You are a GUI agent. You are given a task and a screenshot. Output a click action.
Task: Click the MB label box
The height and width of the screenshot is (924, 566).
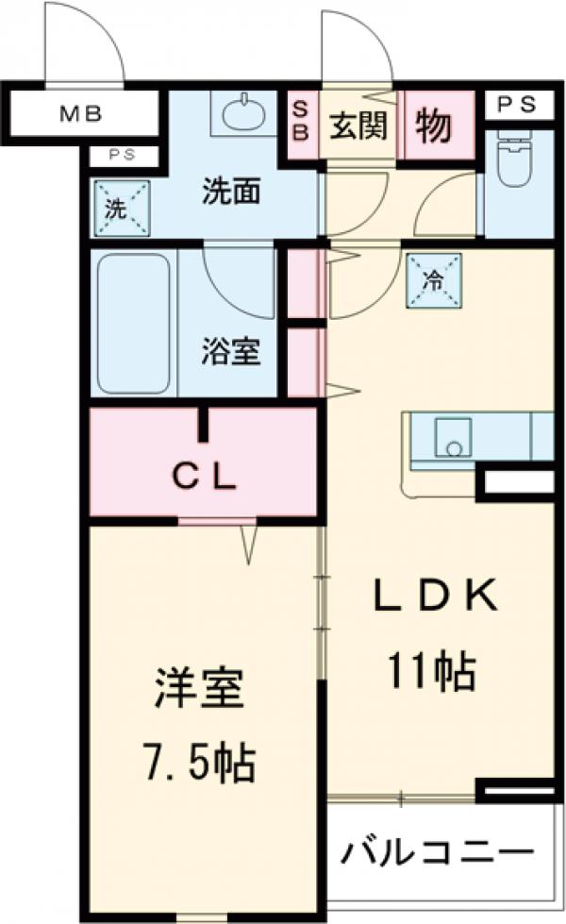[82, 116]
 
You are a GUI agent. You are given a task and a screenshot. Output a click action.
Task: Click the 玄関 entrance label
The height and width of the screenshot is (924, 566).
[358, 125]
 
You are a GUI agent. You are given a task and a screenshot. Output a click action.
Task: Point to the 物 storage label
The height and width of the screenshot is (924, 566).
[434, 125]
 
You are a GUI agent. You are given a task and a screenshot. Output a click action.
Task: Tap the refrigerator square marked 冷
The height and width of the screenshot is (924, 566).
[435, 280]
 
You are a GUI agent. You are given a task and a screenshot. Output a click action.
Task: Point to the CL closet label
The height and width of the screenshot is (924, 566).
[202, 478]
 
